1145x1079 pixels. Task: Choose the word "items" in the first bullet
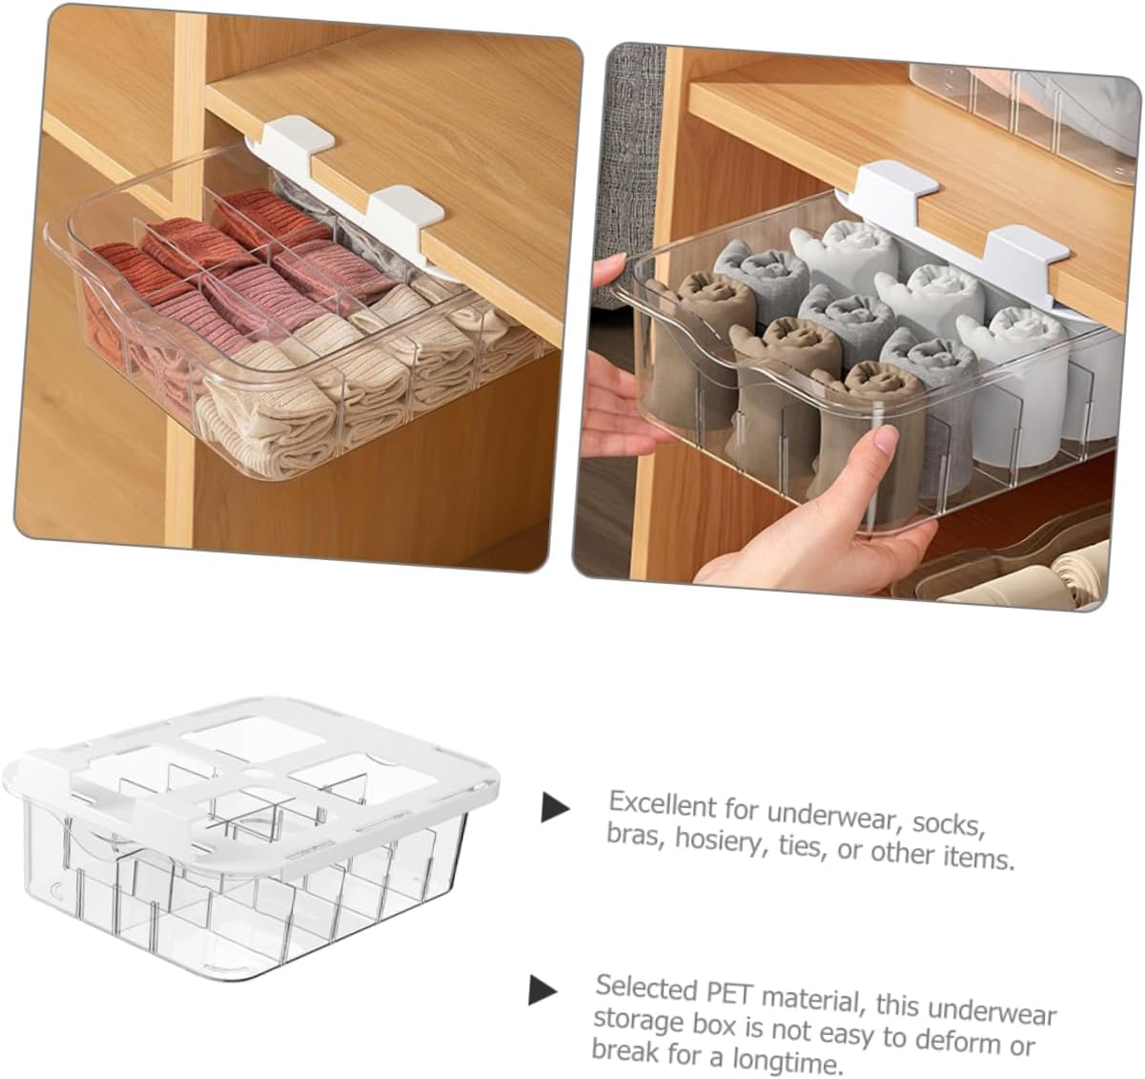[978, 856]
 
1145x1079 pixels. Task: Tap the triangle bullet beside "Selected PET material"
[542, 989]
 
